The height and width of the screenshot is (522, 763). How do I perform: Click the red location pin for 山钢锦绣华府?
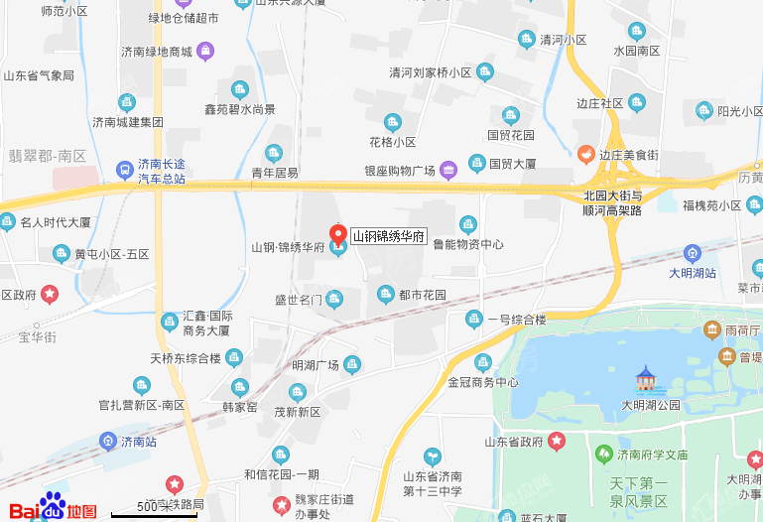click(x=337, y=233)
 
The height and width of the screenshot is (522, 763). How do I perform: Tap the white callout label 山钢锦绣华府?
click(x=389, y=236)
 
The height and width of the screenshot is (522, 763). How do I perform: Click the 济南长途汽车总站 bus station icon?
click(x=125, y=170)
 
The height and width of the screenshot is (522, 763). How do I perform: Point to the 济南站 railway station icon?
click(x=108, y=441)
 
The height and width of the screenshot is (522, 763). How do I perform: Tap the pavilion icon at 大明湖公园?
click(x=647, y=378)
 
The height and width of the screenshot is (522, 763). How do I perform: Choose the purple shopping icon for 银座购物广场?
click(x=448, y=170)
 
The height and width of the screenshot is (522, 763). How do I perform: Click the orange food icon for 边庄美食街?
click(x=586, y=154)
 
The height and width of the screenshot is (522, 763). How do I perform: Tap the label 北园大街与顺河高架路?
click(x=613, y=202)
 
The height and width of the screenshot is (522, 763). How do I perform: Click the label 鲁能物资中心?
click(x=468, y=244)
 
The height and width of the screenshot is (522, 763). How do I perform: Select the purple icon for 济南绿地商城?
click(x=204, y=50)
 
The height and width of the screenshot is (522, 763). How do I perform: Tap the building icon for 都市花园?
click(x=386, y=295)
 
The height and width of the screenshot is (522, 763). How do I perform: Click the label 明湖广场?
click(x=316, y=365)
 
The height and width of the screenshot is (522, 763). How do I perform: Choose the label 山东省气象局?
click(x=39, y=74)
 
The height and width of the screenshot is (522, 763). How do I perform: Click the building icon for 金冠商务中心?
click(x=483, y=362)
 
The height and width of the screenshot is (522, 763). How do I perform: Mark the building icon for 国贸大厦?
click(x=476, y=163)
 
